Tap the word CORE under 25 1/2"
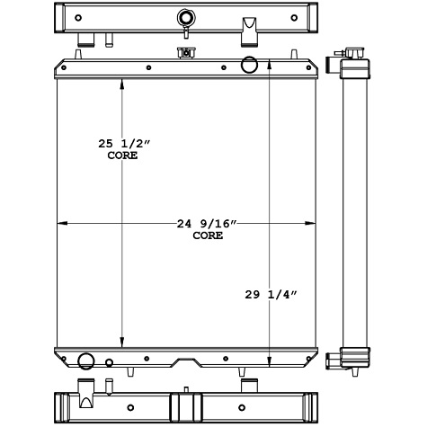tap(121, 156)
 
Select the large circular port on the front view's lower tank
tap(87, 361)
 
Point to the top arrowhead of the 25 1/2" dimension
tap(122, 82)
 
